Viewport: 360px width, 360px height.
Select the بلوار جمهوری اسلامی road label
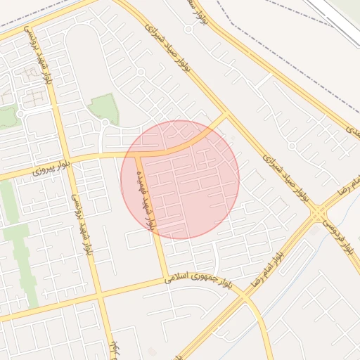pyautogui.click(x=198, y=280)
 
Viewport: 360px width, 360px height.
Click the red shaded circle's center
pyautogui.click(x=181, y=179)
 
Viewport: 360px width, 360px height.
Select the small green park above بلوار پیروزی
pyautogui.click(x=103, y=107)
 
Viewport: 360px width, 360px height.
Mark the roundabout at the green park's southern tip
pyautogui.click(x=104, y=124)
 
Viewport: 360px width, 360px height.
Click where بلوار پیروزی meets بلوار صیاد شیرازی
pyautogui.click(x=226, y=115)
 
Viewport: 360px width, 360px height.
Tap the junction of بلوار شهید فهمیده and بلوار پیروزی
pyautogui.click(x=136, y=154)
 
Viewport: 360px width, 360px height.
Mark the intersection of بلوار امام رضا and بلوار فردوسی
pyautogui.click(x=319, y=212)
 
